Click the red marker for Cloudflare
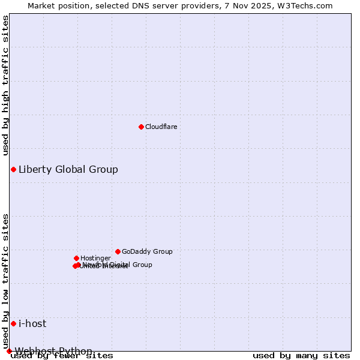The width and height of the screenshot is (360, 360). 141,127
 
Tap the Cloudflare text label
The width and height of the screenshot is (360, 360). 161,127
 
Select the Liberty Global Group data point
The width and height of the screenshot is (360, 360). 13,169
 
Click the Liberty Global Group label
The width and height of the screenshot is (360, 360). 68,169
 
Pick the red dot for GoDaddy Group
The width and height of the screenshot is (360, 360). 118,251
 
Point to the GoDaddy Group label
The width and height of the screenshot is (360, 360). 147,251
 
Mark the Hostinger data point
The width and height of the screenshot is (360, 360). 76,258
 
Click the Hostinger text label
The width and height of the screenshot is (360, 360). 95,258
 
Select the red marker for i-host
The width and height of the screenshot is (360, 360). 13,323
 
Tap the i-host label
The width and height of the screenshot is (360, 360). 32,323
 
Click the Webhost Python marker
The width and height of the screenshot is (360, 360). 9,351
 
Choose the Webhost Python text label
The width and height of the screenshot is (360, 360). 53,350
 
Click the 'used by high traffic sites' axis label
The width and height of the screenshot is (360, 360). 5,85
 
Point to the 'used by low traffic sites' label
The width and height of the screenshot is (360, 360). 5,281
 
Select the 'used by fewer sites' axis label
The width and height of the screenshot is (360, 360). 62,356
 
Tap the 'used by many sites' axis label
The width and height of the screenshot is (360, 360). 301,356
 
